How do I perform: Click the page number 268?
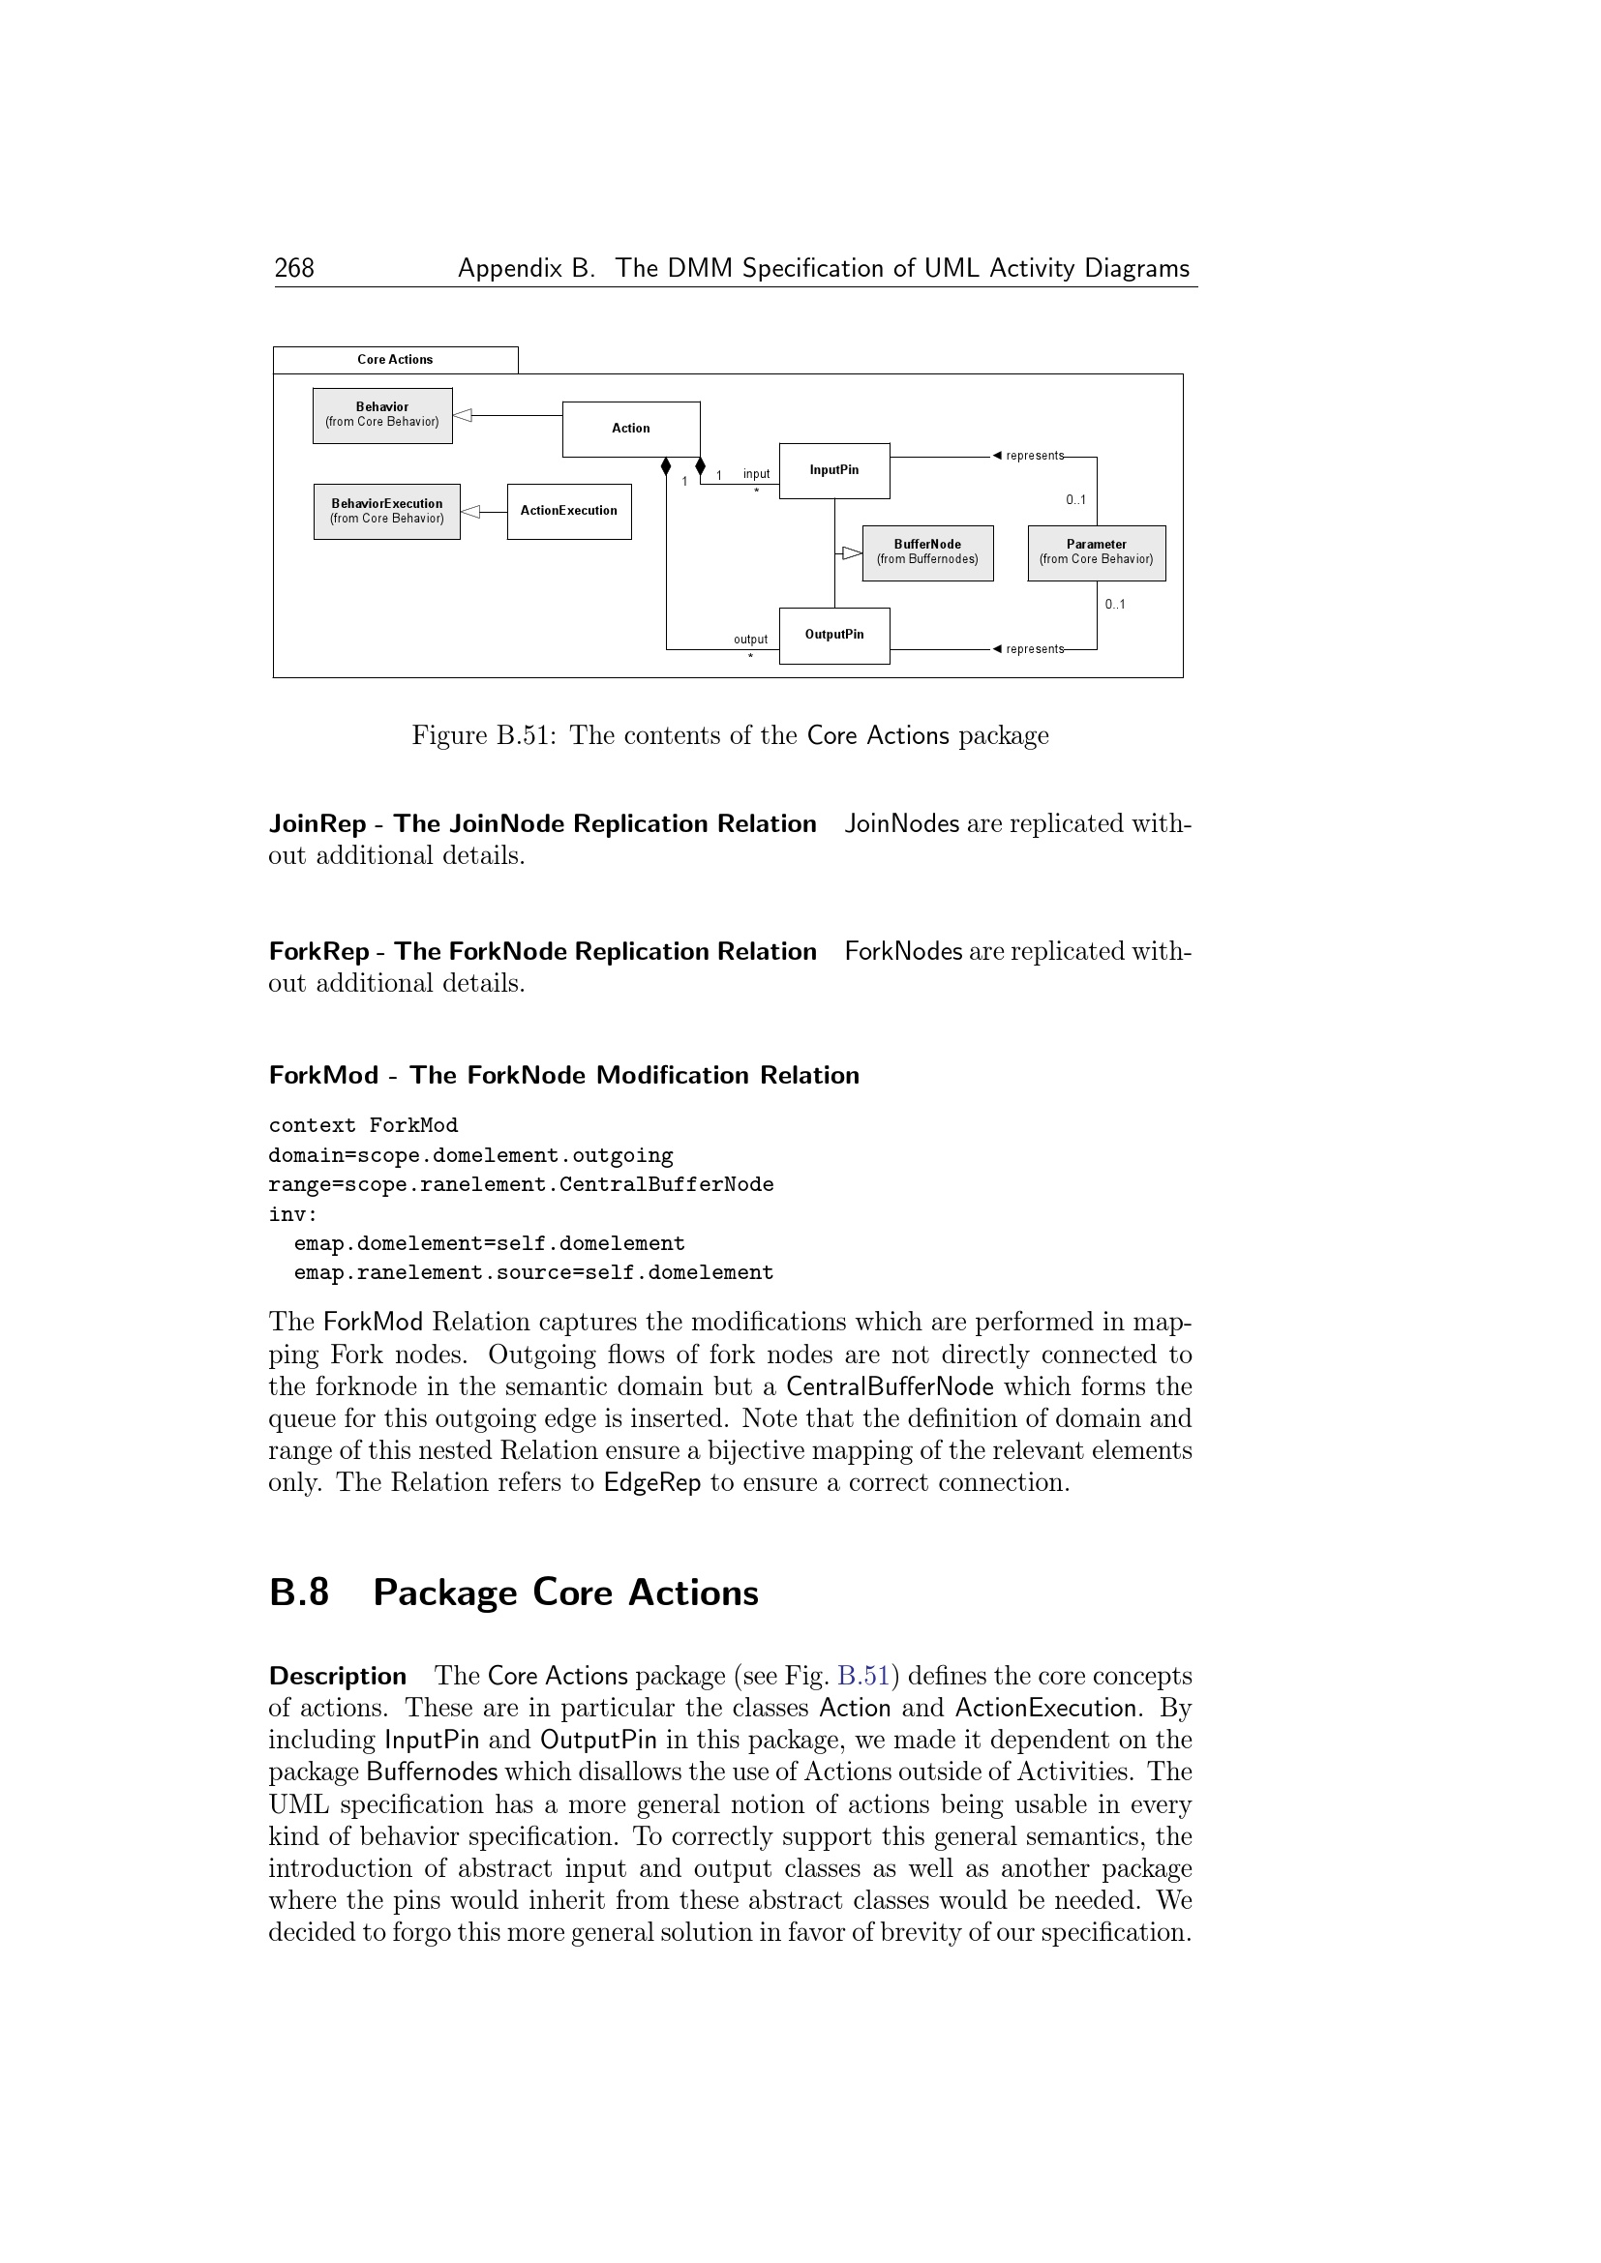pyautogui.click(x=294, y=268)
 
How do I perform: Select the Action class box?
pyautogui.click(x=631, y=429)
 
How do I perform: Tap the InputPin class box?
pyautogui.click(x=834, y=470)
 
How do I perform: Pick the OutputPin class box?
pyautogui.click(x=834, y=635)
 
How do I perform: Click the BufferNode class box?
pyautogui.click(x=926, y=551)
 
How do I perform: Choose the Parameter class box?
pyautogui.click(x=1097, y=551)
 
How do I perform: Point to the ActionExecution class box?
pyautogui.click(x=569, y=511)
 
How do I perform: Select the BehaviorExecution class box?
pyautogui.click(x=386, y=511)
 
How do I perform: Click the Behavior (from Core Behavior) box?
pyautogui.click(x=382, y=415)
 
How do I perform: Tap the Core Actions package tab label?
pyautogui.click(x=394, y=360)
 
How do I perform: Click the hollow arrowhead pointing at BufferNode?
pyautogui.click(x=852, y=553)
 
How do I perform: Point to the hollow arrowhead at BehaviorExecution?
pyautogui.click(x=471, y=512)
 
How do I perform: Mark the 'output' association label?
pyautogui.click(x=750, y=640)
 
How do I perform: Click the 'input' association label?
pyautogui.click(x=756, y=474)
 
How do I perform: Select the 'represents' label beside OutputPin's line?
pyautogui.click(x=1034, y=649)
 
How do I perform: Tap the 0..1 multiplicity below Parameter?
pyautogui.click(x=1115, y=604)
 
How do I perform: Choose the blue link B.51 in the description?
pyautogui.click(x=863, y=1677)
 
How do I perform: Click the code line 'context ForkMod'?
pyautogui.click(x=363, y=1125)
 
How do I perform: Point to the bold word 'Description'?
pyautogui.click(x=337, y=1677)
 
